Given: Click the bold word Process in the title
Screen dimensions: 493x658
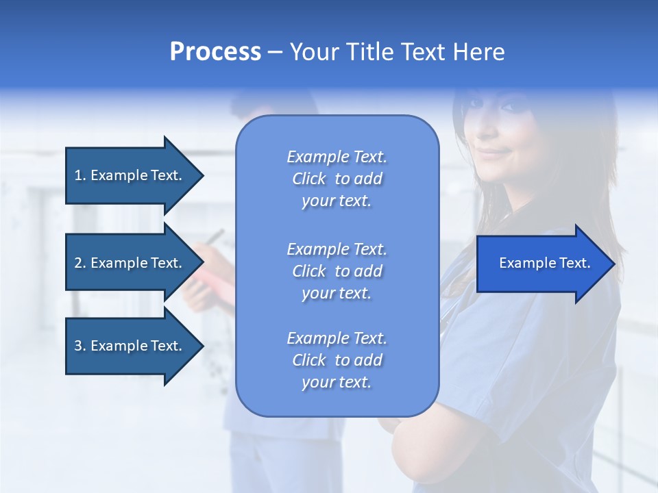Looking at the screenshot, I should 215,52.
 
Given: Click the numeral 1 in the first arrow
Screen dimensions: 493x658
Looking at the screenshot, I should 78,175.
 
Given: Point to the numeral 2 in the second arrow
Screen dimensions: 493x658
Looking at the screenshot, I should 78,263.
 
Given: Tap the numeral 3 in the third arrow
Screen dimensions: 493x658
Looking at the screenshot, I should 78,346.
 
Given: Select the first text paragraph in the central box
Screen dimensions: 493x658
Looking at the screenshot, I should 337,179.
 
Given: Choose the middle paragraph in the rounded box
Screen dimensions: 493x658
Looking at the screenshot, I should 337,271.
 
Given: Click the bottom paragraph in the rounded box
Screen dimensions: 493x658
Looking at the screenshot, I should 337,360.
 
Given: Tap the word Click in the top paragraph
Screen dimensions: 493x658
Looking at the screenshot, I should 309,179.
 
